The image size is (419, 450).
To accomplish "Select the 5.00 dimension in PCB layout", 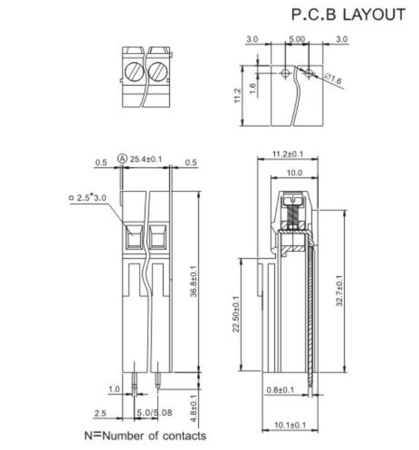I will pyautogui.click(x=296, y=39).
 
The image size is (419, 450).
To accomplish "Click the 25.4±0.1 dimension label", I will pyautogui.click(x=145, y=159).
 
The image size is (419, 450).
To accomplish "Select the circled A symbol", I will pyautogui.click(x=122, y=159).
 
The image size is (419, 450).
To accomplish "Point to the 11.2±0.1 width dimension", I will pyautogui.click(x=288, y=154).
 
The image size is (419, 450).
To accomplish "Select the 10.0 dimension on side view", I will pyautogui.click(x=294, y=172).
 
